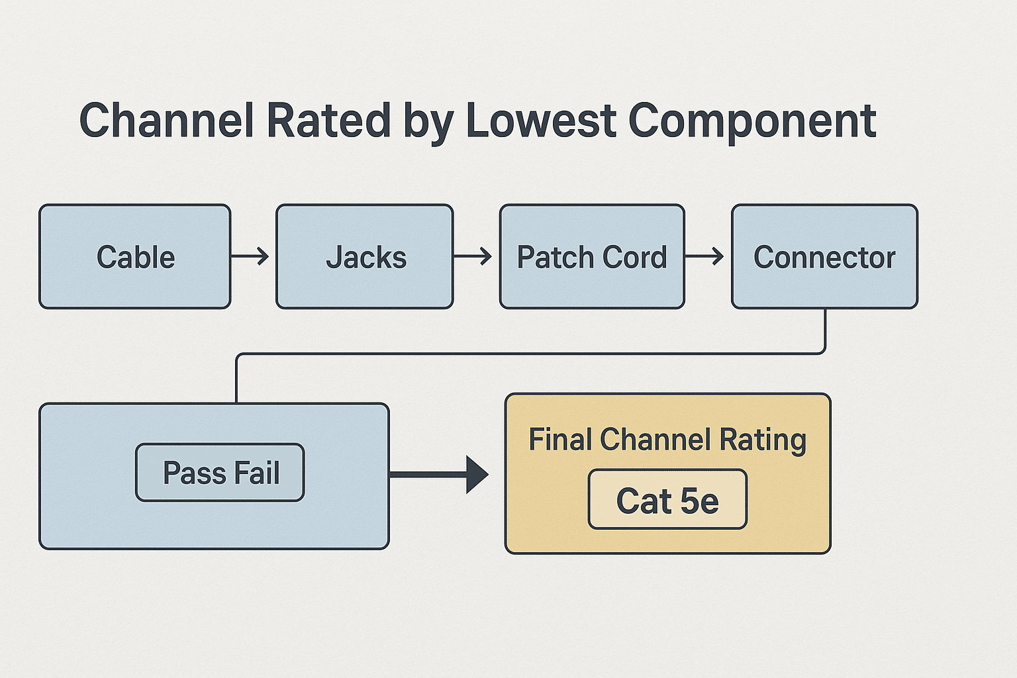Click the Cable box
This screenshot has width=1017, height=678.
click(x=135, y=256)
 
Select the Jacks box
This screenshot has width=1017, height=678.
click(x=365, y=256)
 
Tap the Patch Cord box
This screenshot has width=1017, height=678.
click(x=592, y=256)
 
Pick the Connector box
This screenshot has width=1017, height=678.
click(x=824, y=256)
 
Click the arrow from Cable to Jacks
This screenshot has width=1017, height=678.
click(x=251, y=256)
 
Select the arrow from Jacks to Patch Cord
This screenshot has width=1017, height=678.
click(x=473, y=256)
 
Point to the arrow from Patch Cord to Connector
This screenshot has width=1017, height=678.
click(x=705, y=256)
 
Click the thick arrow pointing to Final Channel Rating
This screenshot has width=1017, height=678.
click(x=440, y=474)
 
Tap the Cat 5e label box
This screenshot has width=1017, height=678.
click(x=667, y=500)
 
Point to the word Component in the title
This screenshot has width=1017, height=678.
click(x=752, y=121)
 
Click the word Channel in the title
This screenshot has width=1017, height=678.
click(x=166, y=121)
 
